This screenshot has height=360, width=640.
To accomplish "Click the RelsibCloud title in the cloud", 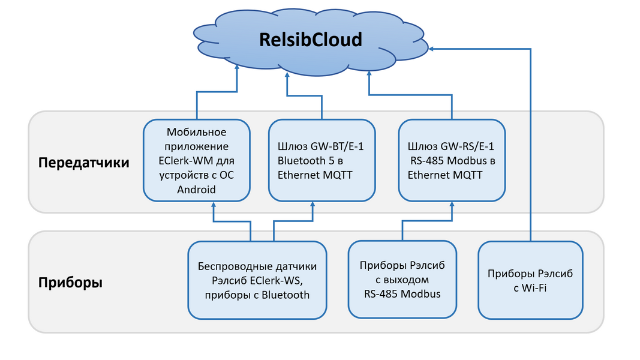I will click(311, 40).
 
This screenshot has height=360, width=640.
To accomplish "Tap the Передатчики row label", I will click(83, 163).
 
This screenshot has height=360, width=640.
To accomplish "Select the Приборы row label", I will click(71, 283).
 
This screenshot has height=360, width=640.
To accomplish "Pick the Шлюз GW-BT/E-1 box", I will click(321, 160).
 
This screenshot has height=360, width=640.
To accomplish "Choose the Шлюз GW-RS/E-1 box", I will click(452, 160).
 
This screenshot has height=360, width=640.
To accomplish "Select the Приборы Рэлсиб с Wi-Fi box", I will click(530, 280).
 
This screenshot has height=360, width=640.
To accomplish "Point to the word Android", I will click(196, 190).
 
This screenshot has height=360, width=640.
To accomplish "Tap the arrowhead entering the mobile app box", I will click(213, 205).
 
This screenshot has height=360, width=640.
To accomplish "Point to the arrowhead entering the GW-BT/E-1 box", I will click(312, 205).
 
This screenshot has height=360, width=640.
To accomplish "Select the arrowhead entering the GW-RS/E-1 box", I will click(451, 205).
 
